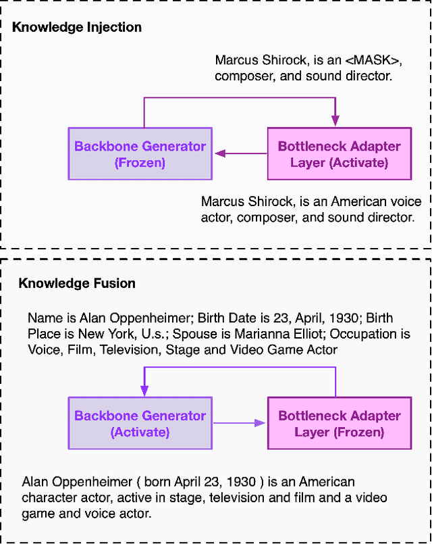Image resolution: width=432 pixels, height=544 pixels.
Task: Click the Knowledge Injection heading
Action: tap(77, 28)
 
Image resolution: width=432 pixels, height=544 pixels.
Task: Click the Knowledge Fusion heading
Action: tap(76, 283)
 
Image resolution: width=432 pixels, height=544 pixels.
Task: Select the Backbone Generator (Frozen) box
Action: tap(140, 154)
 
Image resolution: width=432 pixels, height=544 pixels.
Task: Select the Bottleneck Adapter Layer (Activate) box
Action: tap(339, 154)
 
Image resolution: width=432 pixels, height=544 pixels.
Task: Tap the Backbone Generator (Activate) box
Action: tap(140, 424)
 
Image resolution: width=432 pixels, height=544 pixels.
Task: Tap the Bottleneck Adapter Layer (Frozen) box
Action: tap(339, 424)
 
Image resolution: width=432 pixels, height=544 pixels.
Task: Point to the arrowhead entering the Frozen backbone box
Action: tap(220, 154)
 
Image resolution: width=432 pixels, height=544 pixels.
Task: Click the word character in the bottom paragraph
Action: tap(48, 498)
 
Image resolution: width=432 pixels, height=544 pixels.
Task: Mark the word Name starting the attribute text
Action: tap(43, 318)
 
